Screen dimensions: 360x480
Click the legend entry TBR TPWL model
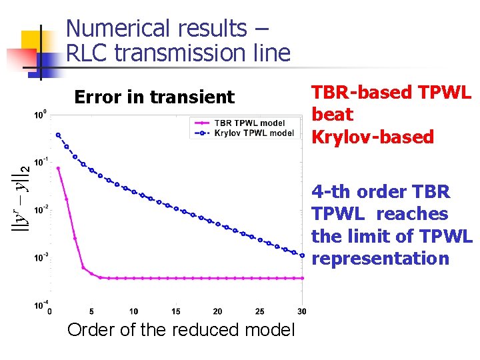(x=250, y=123)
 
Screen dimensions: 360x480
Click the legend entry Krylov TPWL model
(x=254, y=133)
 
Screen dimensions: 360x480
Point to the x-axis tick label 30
(x=301, y=311)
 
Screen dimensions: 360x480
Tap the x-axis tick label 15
(x=175, y=311)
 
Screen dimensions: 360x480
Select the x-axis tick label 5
(x=91, y=311)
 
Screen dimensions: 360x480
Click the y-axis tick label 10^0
(x=40, y=115)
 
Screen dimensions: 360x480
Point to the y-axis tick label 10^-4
(x=40, y=305)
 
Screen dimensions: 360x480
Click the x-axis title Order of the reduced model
(x=181, y=330)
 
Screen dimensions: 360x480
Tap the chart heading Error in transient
(x=154, y=97)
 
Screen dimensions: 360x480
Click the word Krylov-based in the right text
(x=373, y=137)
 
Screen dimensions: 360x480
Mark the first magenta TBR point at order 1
(x=58, y=169)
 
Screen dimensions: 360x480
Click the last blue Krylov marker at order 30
(x=301, y=255)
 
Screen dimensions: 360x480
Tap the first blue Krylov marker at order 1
(x=58, y=135)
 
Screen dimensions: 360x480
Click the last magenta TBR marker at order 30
(x=301, y=278)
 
